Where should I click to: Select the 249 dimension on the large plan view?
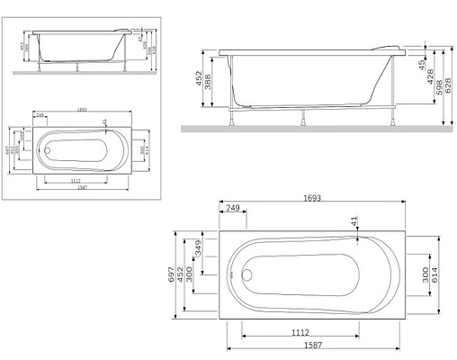tap(233, 209)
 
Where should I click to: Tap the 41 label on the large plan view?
tap(354, 220)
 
